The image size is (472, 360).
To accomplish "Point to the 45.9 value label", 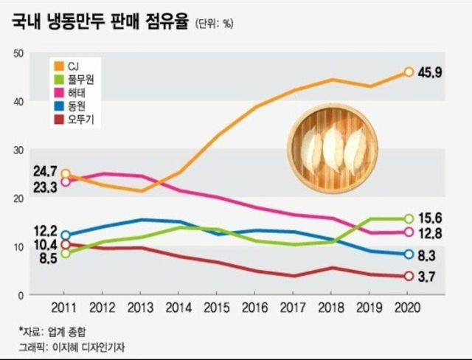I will (x=431, y=72).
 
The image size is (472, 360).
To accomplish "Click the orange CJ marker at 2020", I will (x=409, y=72).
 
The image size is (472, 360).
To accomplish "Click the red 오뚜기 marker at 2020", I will (x=409, y=276).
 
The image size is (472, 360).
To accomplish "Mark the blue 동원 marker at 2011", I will (x=66, y=235).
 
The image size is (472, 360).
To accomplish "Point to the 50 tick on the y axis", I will (x=18, y=52).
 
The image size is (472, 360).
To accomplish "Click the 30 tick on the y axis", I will (x=18, y=149).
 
